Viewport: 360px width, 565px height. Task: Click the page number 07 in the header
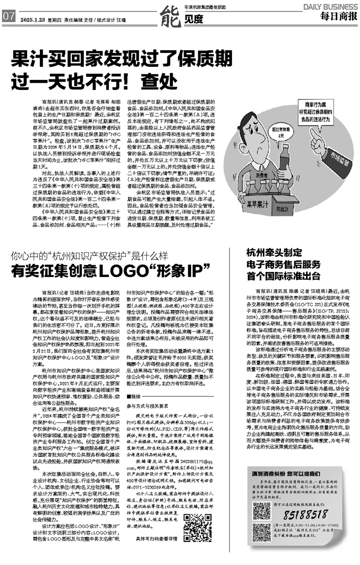click(x=8, y=17)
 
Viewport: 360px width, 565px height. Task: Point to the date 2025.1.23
click(x=31, y=17)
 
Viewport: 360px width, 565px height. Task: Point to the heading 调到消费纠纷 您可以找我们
click(x=290, y=473)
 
